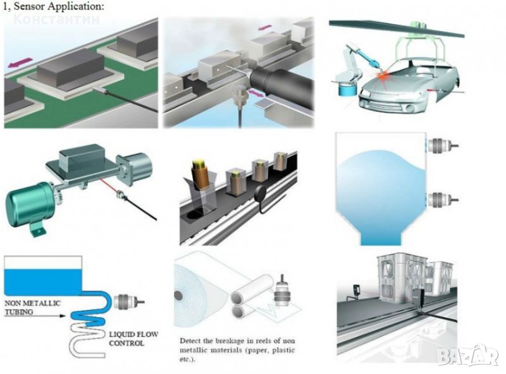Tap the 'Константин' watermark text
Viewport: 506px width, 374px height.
click(x=57, y=18)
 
